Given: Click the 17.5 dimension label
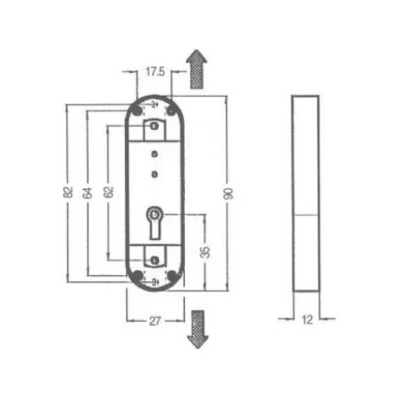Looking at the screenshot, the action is pyautogui.click(x=155, y=71).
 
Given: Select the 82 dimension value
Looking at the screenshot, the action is pyautogui.click(x=68, y=192).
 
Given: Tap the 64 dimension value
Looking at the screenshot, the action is pyautogui.click(x=87, y=193).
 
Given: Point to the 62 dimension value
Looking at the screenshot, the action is pyautogui.click(x=109, y=192).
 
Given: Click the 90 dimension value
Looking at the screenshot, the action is pyautogui.click(x=228, y=194).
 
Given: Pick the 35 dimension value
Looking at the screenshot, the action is pyautogui.click(x=205, y=252).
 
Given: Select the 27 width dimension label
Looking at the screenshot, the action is pyautogui.click(x=155, y=321).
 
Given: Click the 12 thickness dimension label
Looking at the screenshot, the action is pyautogui.click(x=307, y=320).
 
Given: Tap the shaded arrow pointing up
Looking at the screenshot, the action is pyautogui.click(x=197, y=69).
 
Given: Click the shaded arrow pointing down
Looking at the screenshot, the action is pyautogui.click(x=198, y=329).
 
